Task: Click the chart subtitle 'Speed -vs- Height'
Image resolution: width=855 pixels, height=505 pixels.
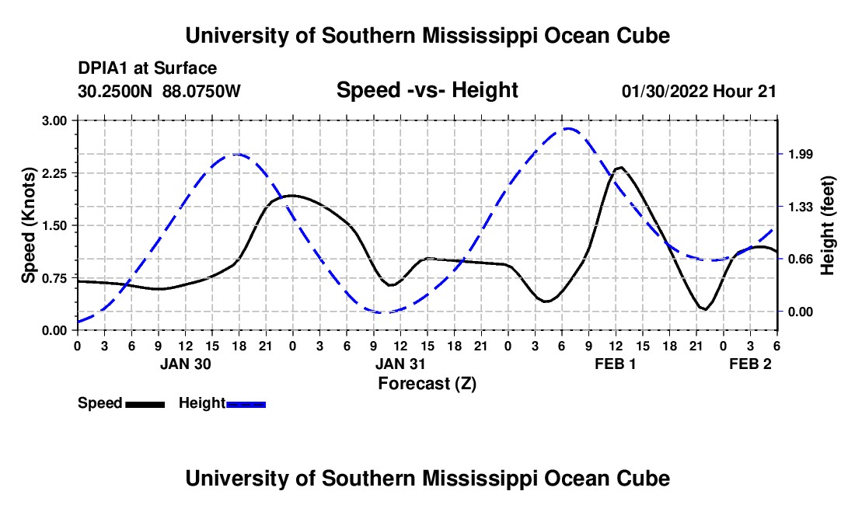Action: [427, 90]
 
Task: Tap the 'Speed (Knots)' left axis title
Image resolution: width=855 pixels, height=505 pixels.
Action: [29, 225]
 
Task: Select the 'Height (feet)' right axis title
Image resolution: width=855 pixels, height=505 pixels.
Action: [827, 225]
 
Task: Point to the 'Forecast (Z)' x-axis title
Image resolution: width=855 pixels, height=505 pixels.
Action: [427, 383]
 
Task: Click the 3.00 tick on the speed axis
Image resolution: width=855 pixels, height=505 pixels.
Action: [54, 120]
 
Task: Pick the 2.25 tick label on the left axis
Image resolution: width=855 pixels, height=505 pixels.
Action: [54, 173]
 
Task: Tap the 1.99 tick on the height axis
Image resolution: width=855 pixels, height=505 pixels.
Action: [800, 155]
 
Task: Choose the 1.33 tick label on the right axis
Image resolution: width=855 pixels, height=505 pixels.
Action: [800, 207]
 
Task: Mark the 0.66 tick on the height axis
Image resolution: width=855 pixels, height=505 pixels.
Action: [800, 259]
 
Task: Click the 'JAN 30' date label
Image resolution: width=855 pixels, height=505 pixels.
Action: [186, 364]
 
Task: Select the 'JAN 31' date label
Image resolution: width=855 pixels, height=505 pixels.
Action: [401, 364]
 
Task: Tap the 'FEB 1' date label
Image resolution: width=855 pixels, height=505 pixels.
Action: [616, 364]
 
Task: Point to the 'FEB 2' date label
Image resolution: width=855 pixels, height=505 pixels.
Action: [750, 364]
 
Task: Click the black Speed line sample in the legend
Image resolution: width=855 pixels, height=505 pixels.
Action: [145, 403]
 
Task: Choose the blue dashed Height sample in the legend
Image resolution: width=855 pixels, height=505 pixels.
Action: [246, 403]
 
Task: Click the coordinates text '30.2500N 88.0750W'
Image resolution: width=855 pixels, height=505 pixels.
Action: [159, 91]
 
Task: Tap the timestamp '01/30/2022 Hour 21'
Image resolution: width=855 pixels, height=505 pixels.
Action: [699, 91]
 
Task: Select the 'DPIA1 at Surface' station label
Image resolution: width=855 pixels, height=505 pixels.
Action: [147, 69]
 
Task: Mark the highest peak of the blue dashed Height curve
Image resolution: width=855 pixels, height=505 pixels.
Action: [569, 129]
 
